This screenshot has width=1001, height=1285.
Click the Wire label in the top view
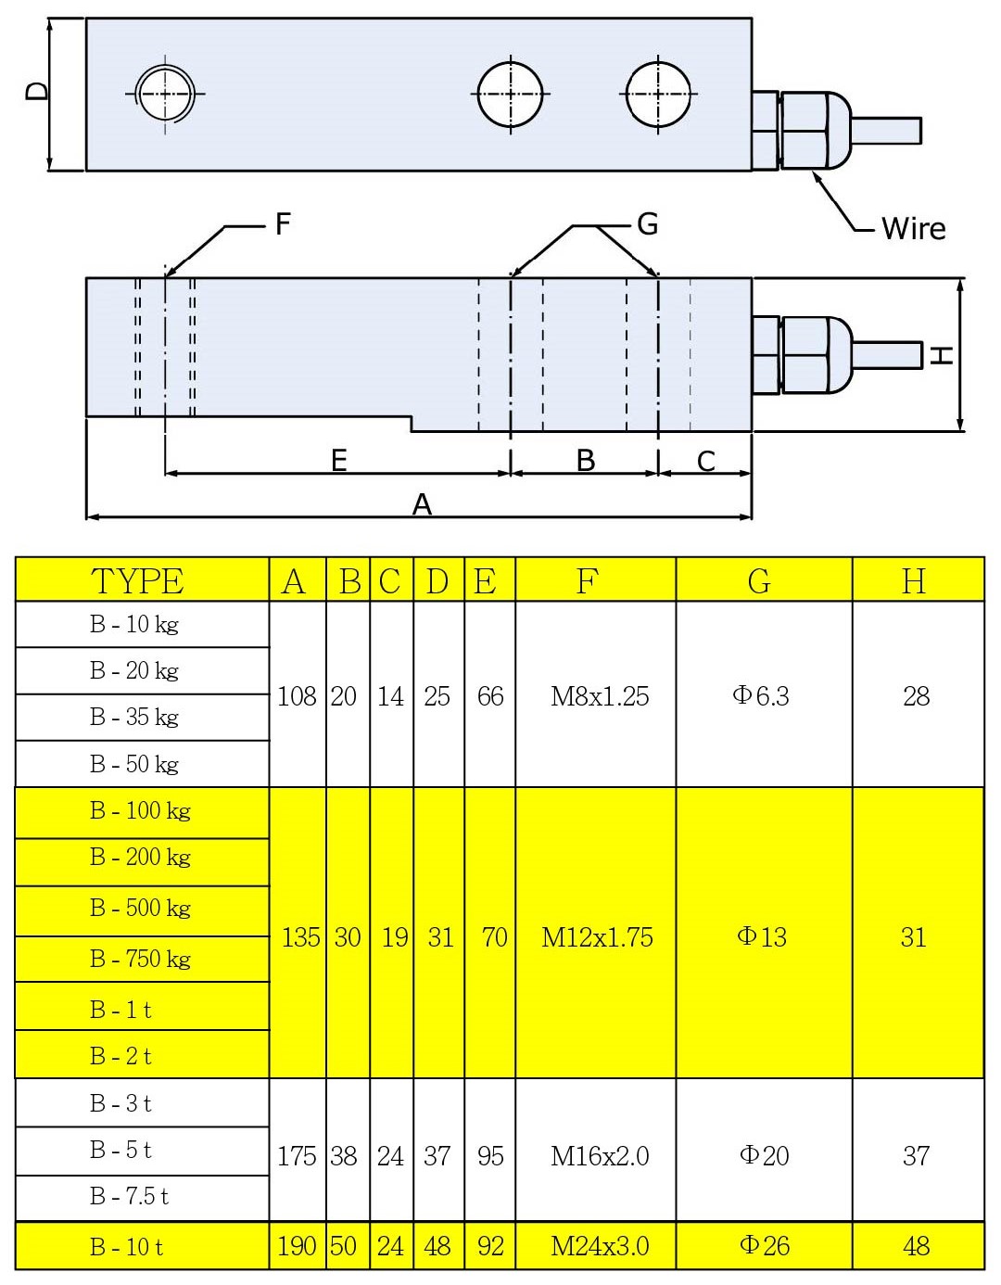[913, 228]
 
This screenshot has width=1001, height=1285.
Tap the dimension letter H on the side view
[942, 354]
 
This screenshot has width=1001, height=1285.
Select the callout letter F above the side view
[283, 223]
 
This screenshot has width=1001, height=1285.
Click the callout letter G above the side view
[647, 223]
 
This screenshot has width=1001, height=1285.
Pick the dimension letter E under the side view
[339, 460]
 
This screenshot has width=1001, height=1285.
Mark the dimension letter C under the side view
[706, 461]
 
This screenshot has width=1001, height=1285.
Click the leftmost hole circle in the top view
[165, 94]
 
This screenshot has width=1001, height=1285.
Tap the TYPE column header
[137, 581]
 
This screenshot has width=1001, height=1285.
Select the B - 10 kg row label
[134, 625]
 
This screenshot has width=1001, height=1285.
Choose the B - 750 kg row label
[140, 959]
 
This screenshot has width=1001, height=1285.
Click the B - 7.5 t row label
[129, 1197]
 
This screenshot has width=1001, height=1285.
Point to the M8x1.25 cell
[600, 696]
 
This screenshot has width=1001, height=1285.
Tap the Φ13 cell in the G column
[762, 937]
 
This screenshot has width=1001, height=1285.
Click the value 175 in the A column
[297, 1156]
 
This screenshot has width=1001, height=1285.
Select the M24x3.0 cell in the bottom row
[600, 1246]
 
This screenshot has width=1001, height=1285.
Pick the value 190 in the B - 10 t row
[297, 1246]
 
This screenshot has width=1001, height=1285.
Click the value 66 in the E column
[490, 696]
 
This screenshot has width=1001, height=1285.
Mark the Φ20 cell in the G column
[764, 1156]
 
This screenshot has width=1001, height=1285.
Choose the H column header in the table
[914, 581]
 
